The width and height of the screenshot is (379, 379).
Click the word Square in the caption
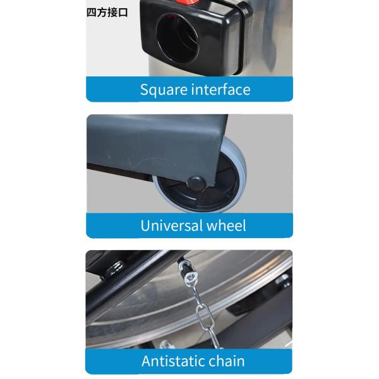coord(164,90)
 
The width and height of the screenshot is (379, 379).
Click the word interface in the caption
coord(221,90)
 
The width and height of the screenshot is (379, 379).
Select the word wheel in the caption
coord(226,226)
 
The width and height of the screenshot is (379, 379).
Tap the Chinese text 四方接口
coord(107,13)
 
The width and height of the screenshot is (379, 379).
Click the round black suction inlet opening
coord(177,38)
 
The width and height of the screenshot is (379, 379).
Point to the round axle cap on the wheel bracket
coord(196,183)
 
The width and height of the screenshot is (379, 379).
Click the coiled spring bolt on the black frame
coord(116,267)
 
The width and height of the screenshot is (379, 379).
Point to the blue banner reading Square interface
coord(189,89)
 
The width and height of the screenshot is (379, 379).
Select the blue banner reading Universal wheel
coord(189,226)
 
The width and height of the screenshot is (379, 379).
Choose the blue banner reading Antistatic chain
coord(189,361)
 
